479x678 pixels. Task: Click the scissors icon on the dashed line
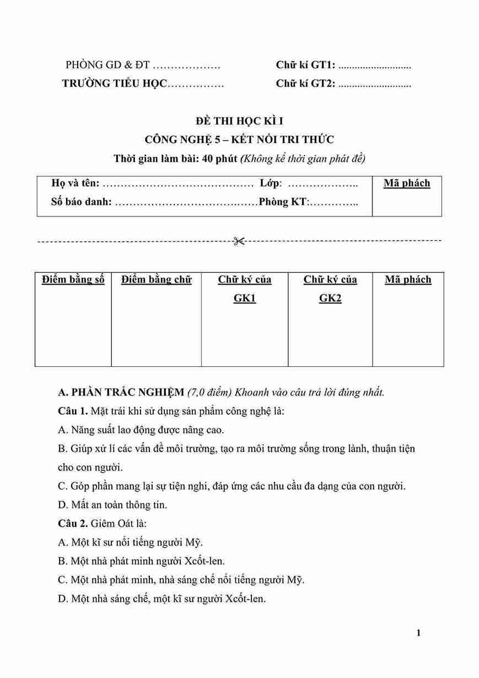tap(239, 241)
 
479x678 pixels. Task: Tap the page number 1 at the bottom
tap(419, 633)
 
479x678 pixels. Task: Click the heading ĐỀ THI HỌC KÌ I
tap(239, 121)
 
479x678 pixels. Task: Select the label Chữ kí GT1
tap(305, 65)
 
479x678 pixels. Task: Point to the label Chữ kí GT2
tap(305, 84)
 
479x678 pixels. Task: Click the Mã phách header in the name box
tap(407, 183)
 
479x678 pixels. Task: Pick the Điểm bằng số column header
tap(73, 279)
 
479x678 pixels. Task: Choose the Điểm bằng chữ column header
tap(157, 279)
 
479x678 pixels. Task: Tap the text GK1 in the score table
tap(245, 298)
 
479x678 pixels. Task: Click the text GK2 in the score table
tap(330, 298)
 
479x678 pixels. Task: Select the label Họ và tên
tap(76, 183)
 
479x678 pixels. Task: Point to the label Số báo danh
tap(82, 202)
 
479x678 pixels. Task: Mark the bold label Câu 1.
tap(73, 411)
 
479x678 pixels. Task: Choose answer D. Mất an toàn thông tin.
tap(112, 504)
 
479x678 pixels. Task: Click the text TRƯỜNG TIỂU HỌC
tap(114, 84)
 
